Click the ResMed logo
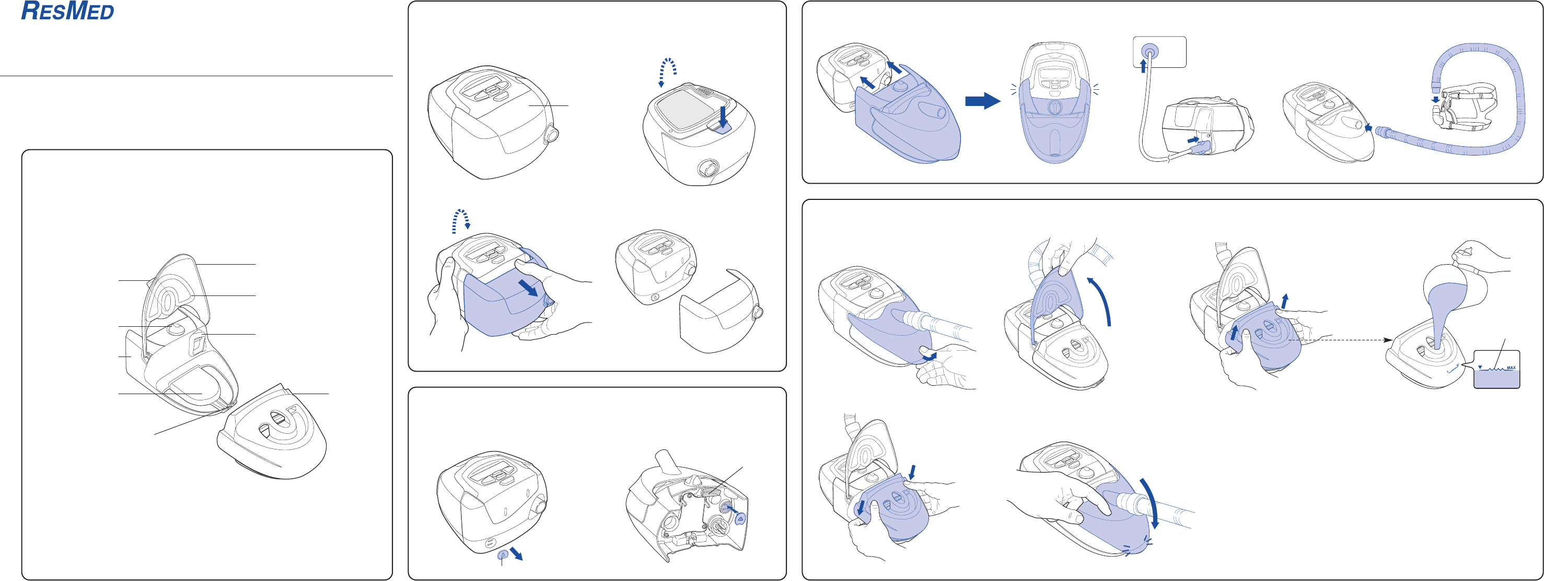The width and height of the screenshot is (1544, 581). pos(67,11)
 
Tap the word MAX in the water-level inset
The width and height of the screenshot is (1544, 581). pos(1511,368)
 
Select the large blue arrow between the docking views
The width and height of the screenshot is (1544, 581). pos(982,101)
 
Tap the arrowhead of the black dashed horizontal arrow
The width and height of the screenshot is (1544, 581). pos(1388,340)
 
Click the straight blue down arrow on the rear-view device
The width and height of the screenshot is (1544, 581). pos(723,115)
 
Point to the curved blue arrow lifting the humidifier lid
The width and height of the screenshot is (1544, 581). pos(1101,300)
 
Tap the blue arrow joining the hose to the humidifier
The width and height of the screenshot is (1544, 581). pos(1368,127)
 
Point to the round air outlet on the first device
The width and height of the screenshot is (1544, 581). pos(550,135)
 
